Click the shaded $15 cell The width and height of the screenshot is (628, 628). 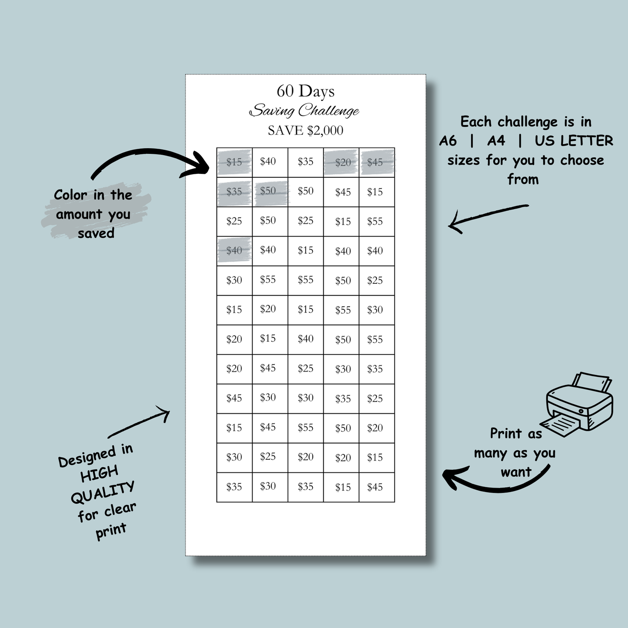tap(234, 162)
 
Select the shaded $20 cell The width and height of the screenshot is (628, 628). tap(341, 162)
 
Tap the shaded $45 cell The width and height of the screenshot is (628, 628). tap(377, 162)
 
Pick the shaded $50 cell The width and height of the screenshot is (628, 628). tap(270, 192)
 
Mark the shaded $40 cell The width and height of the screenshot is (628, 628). tap(234, 251)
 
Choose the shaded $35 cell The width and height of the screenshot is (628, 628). tap(234, 192)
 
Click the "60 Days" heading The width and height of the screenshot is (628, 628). tap(306, 91)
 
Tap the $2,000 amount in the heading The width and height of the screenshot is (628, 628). tap(325, 131)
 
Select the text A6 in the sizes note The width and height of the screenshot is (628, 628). tap(448, 141)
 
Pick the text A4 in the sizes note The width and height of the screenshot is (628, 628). tap(496, 141)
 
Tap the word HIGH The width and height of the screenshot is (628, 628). tap(99, 474)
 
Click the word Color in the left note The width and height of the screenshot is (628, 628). tap(70, 195)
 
